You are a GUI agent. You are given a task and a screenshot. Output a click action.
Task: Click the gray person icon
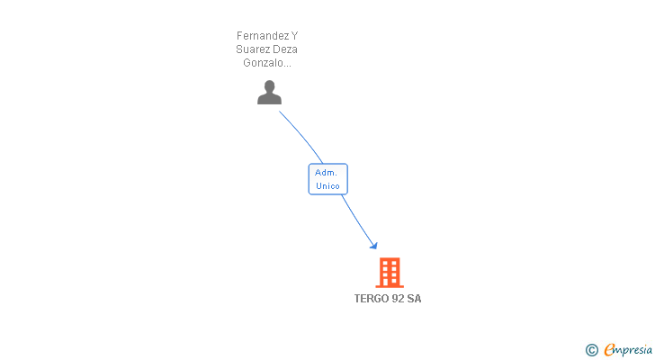[x=269, y=93]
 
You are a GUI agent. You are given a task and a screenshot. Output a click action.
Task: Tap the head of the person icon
[x=269, y=86]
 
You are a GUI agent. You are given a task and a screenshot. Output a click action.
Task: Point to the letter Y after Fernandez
[x=294, y=36]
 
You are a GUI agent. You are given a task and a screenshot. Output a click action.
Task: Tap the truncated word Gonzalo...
[x=267, y=63]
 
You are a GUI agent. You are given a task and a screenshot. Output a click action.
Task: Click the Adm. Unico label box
[x=327, y=179]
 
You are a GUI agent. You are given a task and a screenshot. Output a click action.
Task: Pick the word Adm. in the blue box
[x=326, y=173]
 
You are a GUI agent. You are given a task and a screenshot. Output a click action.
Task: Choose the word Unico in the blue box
[x=327, y=186]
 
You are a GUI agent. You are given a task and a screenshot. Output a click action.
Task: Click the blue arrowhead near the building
[x=373, y=245]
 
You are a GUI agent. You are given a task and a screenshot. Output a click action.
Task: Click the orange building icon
[x=389, y=273]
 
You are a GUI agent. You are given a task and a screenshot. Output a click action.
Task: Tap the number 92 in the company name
[x=398, y=299]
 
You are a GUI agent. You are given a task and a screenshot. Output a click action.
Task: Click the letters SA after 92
[x=414, y=299]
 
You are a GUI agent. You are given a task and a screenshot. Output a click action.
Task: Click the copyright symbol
[x=591, y=350]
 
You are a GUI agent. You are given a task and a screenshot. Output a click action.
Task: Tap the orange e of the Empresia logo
[x=609, y=350]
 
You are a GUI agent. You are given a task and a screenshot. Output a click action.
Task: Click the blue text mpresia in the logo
[x=633, y=350]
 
